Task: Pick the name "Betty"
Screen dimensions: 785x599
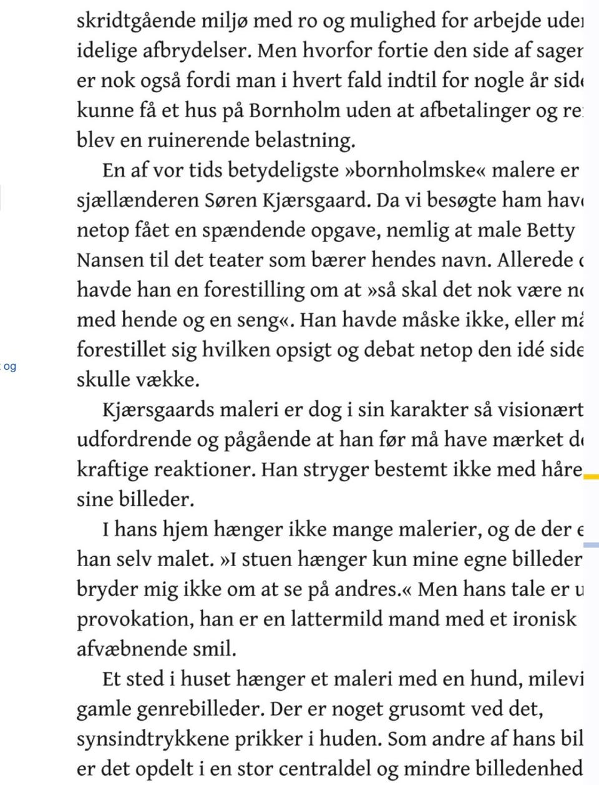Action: tap(550, 230)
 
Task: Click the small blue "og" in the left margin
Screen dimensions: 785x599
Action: tap(9, 367)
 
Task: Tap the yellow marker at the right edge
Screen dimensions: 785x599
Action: tap(591, 477)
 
